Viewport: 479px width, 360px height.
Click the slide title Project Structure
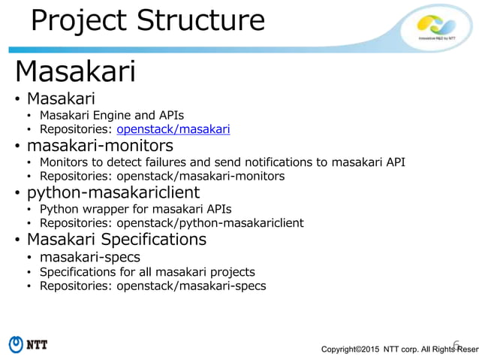pos(147,20)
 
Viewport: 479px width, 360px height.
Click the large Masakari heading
pos(75,72)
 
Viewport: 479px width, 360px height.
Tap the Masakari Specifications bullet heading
pos(116,239)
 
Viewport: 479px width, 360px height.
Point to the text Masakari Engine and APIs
pos(111,114)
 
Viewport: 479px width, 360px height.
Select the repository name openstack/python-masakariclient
pos(209,223)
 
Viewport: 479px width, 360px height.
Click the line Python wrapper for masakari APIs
pos(135,208)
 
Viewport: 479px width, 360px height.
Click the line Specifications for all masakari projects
pos(147,271)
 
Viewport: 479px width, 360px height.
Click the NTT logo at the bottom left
pos(28,344)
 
